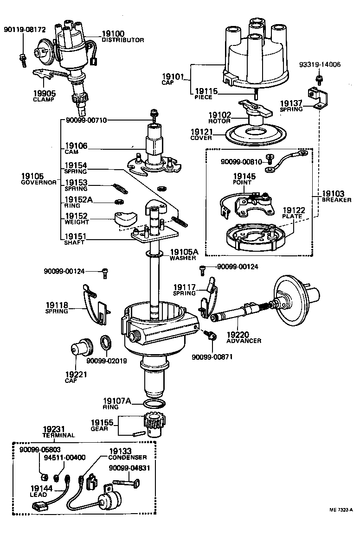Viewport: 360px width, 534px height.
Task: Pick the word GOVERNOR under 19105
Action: (39, 183)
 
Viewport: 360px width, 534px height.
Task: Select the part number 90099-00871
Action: (212, 357)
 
